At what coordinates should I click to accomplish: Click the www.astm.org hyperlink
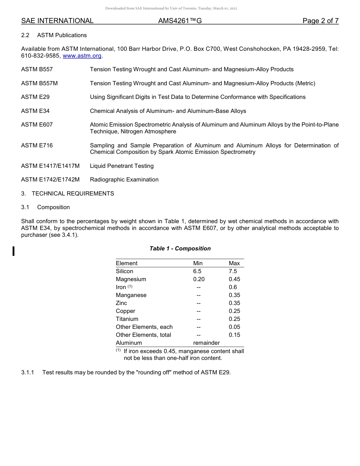click(x=82, y=56)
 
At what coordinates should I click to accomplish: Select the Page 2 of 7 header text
click(x=320, y=21)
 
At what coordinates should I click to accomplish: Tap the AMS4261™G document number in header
click(x=180, y=21)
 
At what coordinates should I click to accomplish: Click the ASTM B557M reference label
click(x=39, y=83)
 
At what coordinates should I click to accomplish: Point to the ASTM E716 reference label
click(x=37, y=145)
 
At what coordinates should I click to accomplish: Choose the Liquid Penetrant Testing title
click(x=122, y=166)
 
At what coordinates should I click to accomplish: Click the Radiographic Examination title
click(x=124, y=180)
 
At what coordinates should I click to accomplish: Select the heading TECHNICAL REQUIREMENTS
click(x=73, y=194)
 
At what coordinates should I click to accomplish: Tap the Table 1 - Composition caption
click(x=180, y=249)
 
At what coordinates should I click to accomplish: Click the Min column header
click(x=198, y=263)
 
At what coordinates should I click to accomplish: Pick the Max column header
click(x=234, y=263)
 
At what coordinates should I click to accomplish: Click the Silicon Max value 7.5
click(x=233, y=271)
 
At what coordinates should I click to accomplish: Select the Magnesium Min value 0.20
click(x=199, y=279)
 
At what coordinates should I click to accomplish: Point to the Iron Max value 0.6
click(x=233, y=287)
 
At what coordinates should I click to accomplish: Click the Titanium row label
click(x=127, y=319)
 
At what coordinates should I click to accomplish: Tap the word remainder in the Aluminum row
click(x=206, y=343)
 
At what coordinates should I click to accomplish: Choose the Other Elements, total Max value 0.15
click(x=234, y=335)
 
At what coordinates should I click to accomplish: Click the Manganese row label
click(x=131, y=295)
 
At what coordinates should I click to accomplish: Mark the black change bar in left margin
click(x=13, y=251)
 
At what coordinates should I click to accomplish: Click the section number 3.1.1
click(x=28, y=372)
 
